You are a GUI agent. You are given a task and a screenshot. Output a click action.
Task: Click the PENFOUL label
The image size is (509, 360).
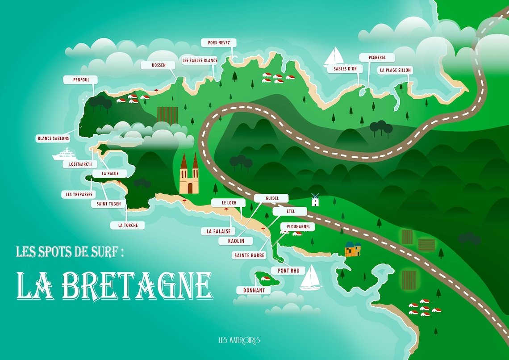tap(82, 80)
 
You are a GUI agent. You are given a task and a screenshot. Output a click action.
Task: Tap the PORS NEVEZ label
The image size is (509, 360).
tap(218, 43)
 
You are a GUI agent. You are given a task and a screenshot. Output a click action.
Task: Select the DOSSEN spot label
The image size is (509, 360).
tap(159, 65)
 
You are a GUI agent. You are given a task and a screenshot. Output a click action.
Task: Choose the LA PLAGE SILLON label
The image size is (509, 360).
tap(395, 70)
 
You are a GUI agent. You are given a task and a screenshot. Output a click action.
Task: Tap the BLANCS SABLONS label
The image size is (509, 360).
tap(53, 139)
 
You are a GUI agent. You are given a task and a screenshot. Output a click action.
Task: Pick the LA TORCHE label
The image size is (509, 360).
tap(128, 226)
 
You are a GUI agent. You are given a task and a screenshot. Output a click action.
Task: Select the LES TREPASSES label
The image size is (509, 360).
tap(79, 195)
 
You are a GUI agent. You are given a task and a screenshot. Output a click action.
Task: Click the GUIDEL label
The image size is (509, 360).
tap(271, 198)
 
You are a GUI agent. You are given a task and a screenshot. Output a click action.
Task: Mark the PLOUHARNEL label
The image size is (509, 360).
tap(297, 227)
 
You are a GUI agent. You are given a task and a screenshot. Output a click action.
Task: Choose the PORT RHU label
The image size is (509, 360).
tap(288, 271)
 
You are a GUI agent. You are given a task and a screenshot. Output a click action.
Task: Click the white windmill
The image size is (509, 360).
tap(315, 200)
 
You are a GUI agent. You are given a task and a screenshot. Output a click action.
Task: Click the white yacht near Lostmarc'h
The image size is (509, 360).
tap(65, 155)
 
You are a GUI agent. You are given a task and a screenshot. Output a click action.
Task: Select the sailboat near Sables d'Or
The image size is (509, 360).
tap(334, 57)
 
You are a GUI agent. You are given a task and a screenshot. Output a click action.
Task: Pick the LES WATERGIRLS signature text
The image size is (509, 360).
tap(239, 341)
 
